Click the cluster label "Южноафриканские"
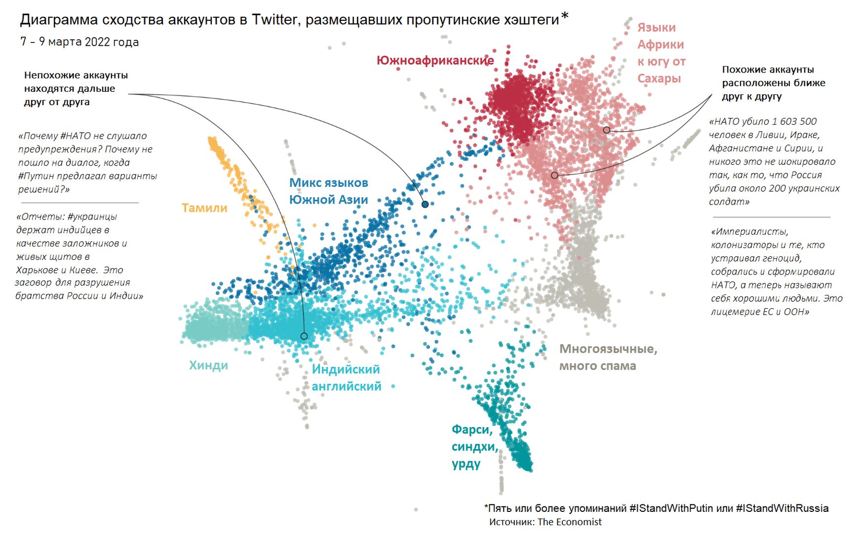435,61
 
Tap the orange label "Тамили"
204,208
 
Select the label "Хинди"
208,365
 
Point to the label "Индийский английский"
346,378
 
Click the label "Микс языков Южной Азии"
328,191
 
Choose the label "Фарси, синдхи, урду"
473,446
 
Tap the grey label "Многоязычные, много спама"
607,357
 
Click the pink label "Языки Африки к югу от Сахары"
661,53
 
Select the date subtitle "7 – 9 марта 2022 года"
79,42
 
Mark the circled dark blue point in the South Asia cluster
425,204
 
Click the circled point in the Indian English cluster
304,336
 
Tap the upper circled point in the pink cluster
607,130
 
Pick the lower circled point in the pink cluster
554,176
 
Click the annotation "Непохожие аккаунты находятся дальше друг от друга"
76,89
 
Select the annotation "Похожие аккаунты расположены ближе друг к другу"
773,83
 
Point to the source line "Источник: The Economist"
545,522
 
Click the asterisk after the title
565,16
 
